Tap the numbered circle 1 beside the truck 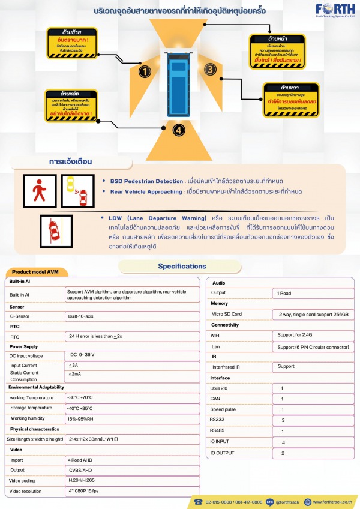[x=144, y=72]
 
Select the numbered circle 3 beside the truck [x=209, y=69]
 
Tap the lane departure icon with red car [x=56, y=232]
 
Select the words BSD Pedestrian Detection [x=146, y=181]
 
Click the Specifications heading [x=182, y=266]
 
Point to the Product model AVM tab [x=35, y=272]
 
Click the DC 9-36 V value [x=83, y=355]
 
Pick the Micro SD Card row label [x=227, y=314]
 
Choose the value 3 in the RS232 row [x=283, y=420]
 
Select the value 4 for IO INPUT [x=283, y=442]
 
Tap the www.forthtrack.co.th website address [x=329, y=502]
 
